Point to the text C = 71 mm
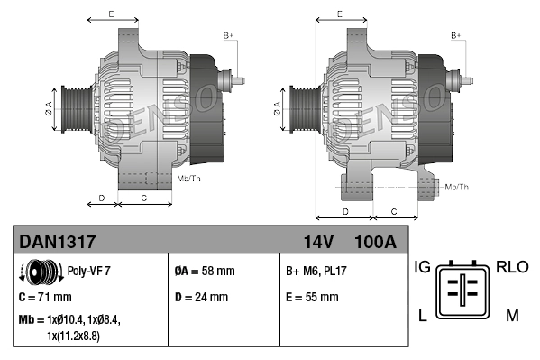[45, 297]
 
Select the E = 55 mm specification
[312, 297]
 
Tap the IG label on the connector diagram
[423, 266]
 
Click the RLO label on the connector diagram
[511, 266]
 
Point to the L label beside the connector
[421, 315]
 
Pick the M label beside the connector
[511, 315]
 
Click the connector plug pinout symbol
[465, 291]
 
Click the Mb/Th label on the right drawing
[457, 187]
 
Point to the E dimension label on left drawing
[110, 14]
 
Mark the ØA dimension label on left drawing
[49, 109]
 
